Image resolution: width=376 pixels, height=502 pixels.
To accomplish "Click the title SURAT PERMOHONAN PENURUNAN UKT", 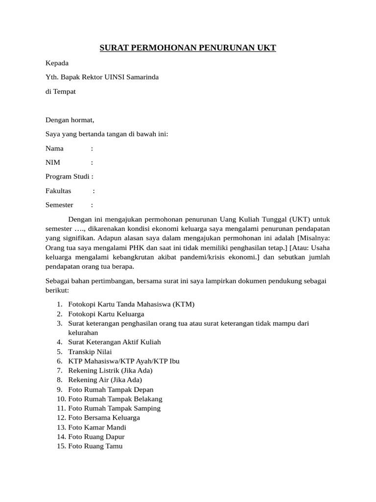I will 188,48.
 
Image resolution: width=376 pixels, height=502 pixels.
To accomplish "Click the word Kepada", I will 57,63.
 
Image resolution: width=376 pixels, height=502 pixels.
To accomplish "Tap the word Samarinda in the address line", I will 142,77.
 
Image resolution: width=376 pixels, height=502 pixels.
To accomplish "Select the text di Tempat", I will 61,92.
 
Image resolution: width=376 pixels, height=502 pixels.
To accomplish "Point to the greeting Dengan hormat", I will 70,120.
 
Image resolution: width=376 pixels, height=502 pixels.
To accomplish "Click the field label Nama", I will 55,148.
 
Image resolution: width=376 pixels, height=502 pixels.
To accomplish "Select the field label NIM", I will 53,162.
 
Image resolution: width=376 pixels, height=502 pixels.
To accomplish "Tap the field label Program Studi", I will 68,176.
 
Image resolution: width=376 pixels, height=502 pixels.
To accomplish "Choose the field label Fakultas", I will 58,191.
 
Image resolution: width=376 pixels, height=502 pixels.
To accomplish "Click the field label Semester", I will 59,205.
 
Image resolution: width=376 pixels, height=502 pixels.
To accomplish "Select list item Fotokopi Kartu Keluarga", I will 106,314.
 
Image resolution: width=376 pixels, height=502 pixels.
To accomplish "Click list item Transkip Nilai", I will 90,351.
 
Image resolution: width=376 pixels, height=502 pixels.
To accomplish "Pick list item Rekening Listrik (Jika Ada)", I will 110,370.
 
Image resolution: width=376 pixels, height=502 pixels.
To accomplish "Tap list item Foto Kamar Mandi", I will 97,427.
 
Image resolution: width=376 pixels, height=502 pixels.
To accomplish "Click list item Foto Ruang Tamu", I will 95,446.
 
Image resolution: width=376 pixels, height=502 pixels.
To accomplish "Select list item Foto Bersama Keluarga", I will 104,418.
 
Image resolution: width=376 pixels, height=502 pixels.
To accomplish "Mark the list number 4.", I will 59,342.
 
